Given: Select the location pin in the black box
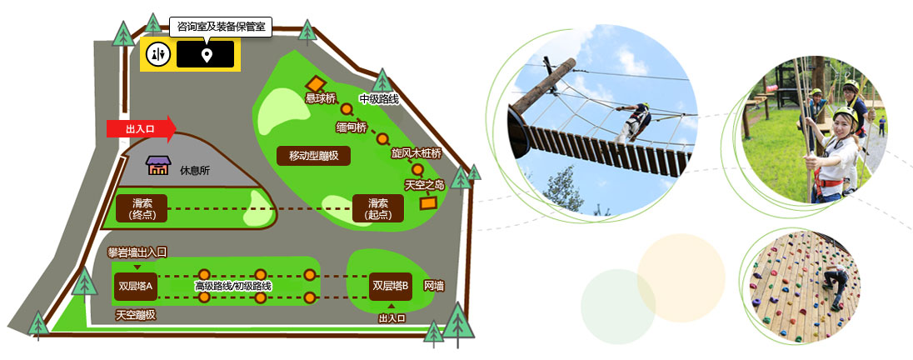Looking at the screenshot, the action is (206, 55).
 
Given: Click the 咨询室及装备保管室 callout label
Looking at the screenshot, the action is (221, 27).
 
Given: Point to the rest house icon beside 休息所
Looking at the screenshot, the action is (157, 166).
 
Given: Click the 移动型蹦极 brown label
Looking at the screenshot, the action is (313, 156).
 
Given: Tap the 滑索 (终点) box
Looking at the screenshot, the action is (142, 208).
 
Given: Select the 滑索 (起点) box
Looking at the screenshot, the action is (378, 208).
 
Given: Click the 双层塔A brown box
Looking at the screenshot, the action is (135, 286).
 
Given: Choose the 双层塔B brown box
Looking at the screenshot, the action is (390, 286).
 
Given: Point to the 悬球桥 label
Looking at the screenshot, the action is (321, 98).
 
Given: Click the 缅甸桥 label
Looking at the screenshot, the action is (352, 127).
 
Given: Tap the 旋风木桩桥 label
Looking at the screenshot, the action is (417, 154).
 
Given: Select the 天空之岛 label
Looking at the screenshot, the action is (425, 185).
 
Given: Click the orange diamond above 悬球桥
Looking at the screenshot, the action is (314, 84).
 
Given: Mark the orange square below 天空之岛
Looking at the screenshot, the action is (428, 203).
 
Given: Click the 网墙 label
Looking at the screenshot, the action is (434, 286).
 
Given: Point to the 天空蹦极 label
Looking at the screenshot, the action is (136, 315).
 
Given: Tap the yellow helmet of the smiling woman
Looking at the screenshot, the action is (846, 113).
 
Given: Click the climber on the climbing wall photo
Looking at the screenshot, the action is (836, 286).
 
